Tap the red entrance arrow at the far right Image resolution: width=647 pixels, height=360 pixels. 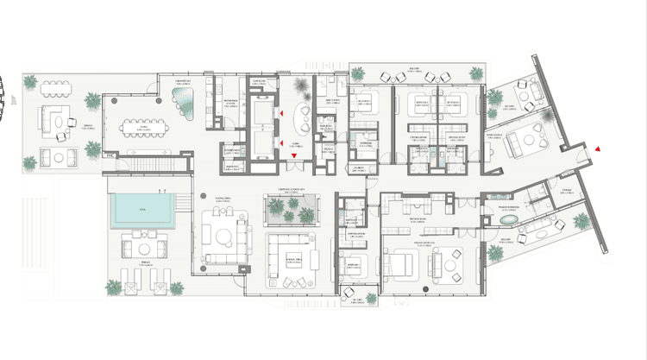[597, 150]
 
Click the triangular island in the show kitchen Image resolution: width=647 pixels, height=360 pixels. [185, 104]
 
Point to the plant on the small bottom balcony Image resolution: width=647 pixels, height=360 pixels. [372, 298]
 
